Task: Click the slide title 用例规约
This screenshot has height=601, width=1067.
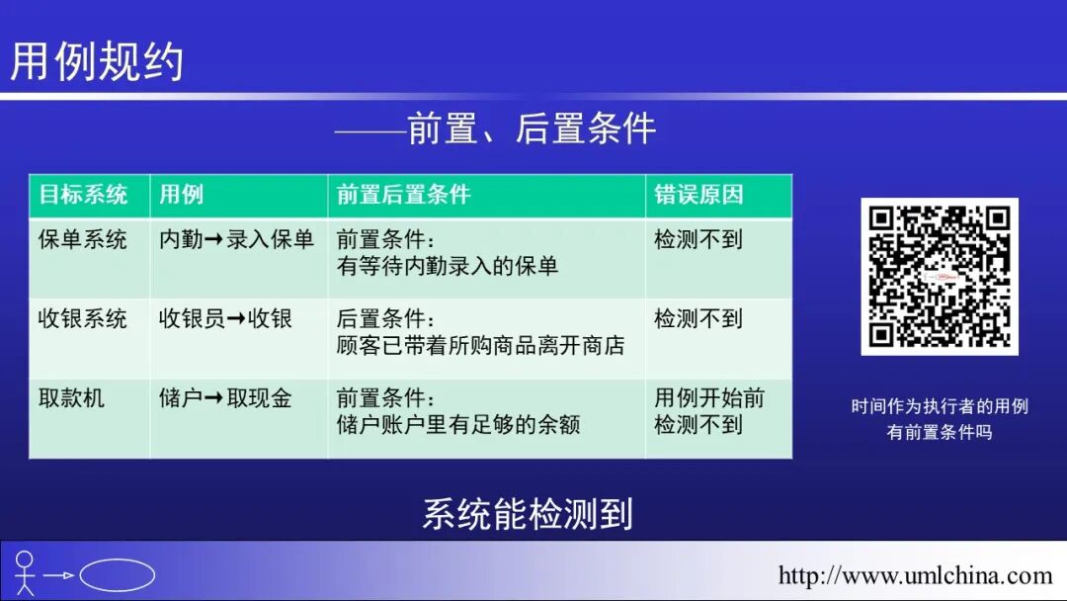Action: (97, 61)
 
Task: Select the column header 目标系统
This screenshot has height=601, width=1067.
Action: (83, 195)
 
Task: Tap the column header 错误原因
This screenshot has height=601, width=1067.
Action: (698, 195)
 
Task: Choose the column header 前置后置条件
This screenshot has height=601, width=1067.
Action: (403, 195)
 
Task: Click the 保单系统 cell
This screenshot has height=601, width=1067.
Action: (83, 240)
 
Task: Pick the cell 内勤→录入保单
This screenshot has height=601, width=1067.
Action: (236, 240)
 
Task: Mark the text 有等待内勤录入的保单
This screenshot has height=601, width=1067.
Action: (448, 266)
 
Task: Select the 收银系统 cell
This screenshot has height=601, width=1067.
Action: (83, 319)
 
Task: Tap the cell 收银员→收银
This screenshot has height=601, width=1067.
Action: (225, 319)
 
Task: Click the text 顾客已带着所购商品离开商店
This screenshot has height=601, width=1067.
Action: (480, 346)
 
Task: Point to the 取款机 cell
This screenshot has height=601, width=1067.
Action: (71, 398)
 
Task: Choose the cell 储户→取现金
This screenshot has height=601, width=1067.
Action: (225, 398)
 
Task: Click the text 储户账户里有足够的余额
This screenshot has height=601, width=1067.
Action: (458, 425)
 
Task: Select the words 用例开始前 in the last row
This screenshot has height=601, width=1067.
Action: (708, 398)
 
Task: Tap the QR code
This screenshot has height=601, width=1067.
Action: (939, 277)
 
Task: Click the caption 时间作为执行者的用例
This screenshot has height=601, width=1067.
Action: (939, 406)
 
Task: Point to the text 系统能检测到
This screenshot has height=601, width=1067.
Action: (527, 514)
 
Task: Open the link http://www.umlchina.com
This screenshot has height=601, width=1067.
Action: (915, 575)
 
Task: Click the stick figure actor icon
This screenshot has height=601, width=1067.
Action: (25, 573)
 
